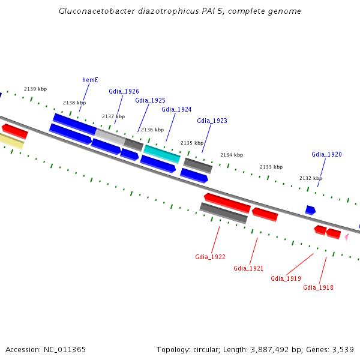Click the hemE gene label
90,80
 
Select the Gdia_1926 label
124,91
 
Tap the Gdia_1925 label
150,100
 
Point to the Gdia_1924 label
176,109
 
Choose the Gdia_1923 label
212,121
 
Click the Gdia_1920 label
326,154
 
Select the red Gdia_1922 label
210,257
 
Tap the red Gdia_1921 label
248,268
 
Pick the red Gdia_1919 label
286,278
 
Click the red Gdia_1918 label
318,287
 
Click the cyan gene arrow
162,154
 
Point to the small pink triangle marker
346,237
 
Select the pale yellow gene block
11,141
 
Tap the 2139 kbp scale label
35,89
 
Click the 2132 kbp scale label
311,178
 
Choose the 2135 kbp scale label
192,143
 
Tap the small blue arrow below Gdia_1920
310,210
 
